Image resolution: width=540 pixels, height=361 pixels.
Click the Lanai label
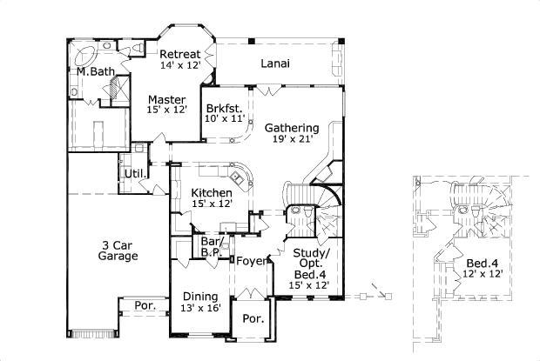pos(274,64)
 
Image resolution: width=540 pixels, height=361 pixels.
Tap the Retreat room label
pos(179,54)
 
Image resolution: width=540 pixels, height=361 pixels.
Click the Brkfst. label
pos(222,110)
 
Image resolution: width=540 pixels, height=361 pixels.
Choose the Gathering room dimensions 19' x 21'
pos(292,139)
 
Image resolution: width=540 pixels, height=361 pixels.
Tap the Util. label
pos(134,174)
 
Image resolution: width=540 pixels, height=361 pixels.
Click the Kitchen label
pos(211,192)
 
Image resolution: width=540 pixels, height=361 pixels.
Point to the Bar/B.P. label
pos(210,247)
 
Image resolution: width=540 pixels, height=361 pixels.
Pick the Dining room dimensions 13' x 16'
pos(200,307)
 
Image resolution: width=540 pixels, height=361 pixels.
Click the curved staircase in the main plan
pos(325,204)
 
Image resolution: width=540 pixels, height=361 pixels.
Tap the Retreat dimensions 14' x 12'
pos(179,65)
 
